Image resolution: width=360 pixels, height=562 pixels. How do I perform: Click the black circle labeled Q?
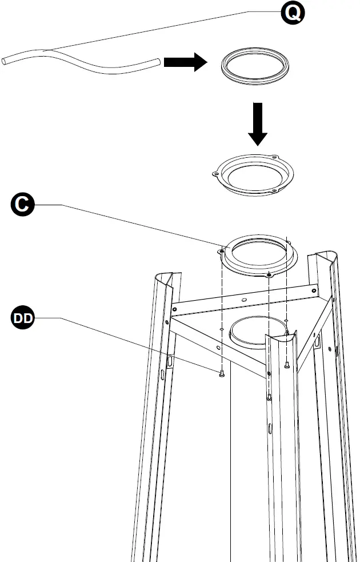293,13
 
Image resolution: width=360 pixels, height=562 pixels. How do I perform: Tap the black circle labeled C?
22,204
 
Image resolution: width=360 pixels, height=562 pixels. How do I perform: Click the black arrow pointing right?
185,62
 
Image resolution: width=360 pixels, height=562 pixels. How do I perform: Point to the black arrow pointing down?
258,125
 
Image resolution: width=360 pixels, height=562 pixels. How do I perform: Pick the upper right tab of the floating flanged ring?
274,158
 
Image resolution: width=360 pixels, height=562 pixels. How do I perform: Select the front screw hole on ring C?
268,275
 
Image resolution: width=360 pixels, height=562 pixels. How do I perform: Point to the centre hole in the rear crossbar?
244,299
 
